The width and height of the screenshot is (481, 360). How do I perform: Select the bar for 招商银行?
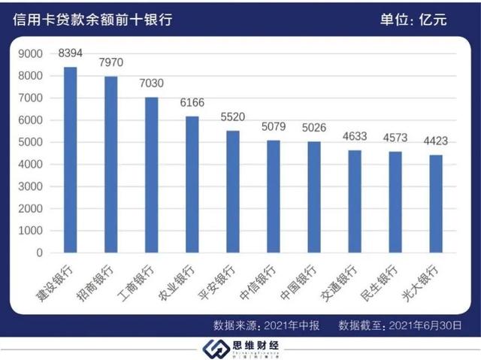[x=110, y=165]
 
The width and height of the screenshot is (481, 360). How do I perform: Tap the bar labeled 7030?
[x=151, y=175]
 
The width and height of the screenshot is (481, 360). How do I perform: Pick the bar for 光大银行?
[x=435, y=204]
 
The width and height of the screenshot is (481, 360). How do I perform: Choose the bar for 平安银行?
[x=232, y=192]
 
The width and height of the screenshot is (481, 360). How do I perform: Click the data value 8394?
[x=70, y=53]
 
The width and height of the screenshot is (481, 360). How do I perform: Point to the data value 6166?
[x=192, y=103]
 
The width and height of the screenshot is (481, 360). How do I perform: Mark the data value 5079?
[x=273, y=127]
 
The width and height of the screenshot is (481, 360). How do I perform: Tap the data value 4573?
[x=395, y=138]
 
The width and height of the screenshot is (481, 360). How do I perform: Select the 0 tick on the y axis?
[x=39, y=253]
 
